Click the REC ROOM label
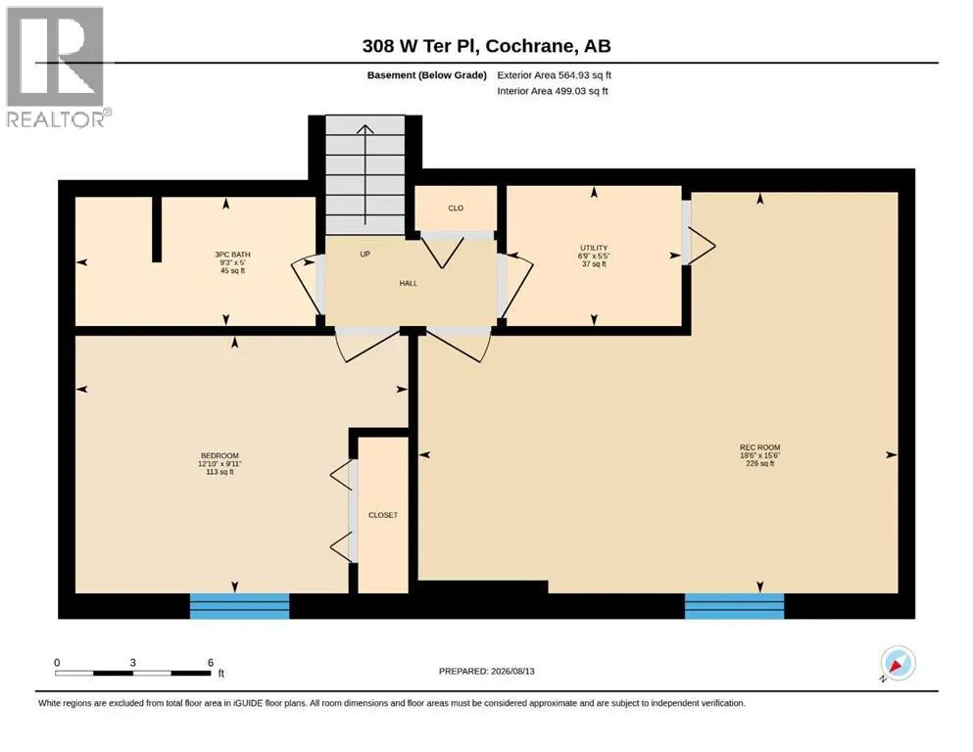click(x=759, y=446)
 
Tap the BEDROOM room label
click(x=219, y=455)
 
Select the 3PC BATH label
click(x=232, y=255)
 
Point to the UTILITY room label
click(x=594, y=248)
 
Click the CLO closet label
click(x=456, y=209)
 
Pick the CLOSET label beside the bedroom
click(x=383, y=515)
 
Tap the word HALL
click(x=409, y=283)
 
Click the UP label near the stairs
click(x=365, y=255)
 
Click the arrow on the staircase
click(x=365, y=174)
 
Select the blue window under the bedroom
click(x=239, y=606)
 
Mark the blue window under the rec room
click(x=734, y=606)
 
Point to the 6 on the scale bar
click(x=211, y=662)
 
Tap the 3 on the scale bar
click(x=133, y=662)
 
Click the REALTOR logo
click(x=57, y=67)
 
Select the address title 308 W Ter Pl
click(x=419, y=46)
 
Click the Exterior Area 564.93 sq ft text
click(x=555, y=75)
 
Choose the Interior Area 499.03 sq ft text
click(x=553, y=91)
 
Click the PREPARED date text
click(x=486, y=671)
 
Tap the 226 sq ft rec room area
click(x=759, y=463)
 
